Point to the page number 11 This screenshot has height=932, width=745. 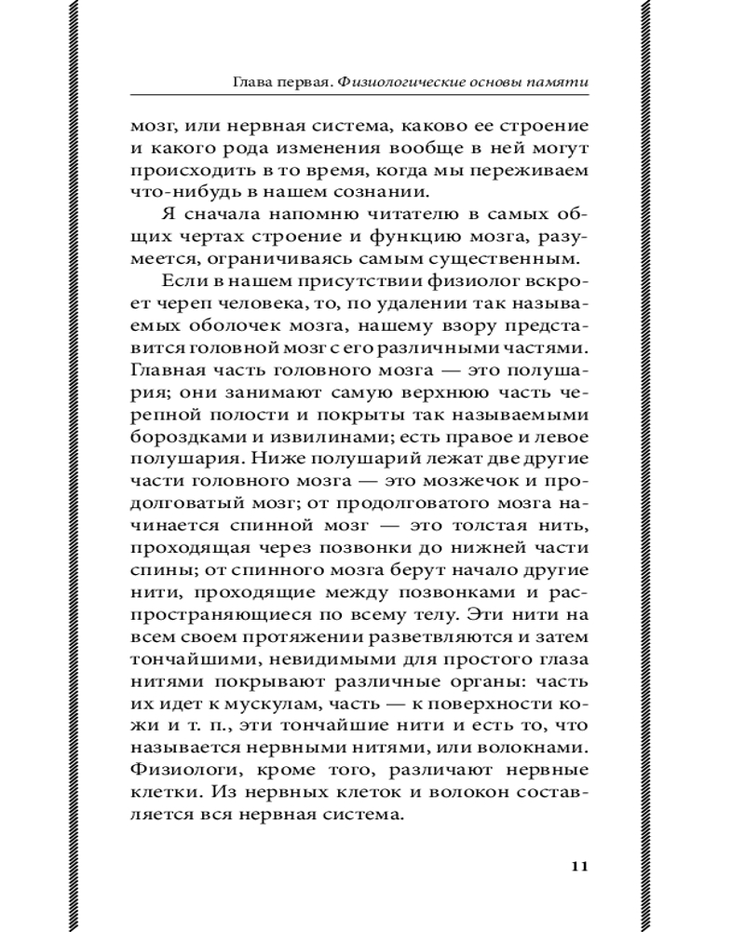point(578,867)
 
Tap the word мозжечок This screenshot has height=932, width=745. point(462,485)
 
